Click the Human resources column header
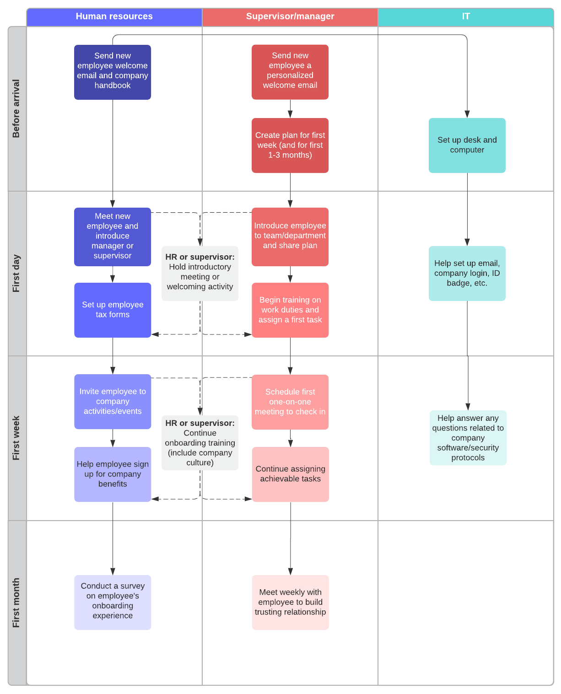point(114,17)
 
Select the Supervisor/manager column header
point(290,17)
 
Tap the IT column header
point(465,17)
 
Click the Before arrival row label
point(17,109)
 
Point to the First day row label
point(17,274)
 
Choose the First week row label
point(17,438)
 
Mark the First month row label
point(17,603)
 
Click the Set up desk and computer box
point(467,145)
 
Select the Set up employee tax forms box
point(113,310)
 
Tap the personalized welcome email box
point(290,72)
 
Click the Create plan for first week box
point(290,145)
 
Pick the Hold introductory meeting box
point(200,273)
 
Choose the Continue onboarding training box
point(200,442)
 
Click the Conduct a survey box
point(113,602)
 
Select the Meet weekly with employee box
point(290,602)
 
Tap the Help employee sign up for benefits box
point(113,474)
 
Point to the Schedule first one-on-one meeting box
point(290,402)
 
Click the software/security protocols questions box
point(468,437)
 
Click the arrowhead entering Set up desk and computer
point(467,114)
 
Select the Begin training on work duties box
point(290,310)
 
